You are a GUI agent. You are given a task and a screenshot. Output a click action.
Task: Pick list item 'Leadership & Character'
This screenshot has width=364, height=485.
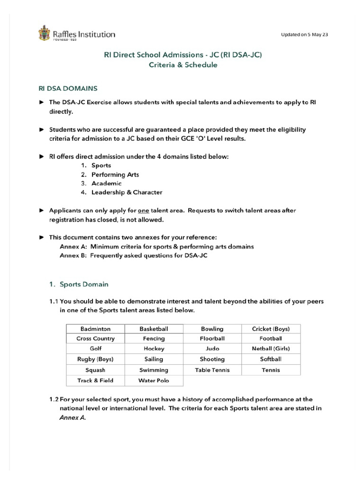[127, 192]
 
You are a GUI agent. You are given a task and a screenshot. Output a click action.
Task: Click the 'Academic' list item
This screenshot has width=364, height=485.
[106, 183]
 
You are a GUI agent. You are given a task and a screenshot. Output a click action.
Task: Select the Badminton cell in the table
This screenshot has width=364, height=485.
[95, 328]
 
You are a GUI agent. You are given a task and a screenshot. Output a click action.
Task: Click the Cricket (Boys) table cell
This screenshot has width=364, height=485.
[271, 328]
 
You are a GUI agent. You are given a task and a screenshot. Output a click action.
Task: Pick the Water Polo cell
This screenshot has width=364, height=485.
[154, 380]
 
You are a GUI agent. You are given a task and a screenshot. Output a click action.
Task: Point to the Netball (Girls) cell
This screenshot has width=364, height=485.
[271, 349]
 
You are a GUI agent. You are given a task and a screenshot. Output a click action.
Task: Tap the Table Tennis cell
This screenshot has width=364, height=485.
[212, 370]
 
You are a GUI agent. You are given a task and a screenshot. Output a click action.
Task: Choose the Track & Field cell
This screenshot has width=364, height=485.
[95, 380]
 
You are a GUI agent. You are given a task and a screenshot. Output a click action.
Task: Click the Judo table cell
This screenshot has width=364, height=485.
[212, 349]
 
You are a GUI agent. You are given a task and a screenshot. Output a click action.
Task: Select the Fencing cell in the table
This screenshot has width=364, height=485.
[154, 339]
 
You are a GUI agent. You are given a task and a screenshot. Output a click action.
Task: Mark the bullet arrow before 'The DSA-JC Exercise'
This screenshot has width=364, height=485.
[41, 102]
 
